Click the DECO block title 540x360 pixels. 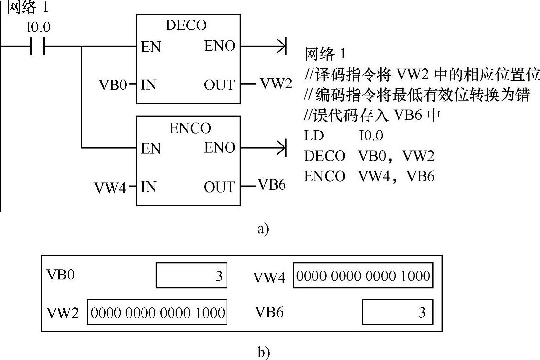coord(186,26)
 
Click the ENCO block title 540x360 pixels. coord(190,128)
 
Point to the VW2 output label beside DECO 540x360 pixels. coord(276,84)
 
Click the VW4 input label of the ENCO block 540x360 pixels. coord(111,188)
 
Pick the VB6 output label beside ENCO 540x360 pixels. coord(272,186)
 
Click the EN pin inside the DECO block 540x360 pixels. coord(150,47)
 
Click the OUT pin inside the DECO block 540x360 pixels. coord(219,85)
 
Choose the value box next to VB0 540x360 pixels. coord(191,276)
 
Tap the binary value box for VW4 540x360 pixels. coord(363,276)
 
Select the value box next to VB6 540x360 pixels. coord(398,311)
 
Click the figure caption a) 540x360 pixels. coord(263,229)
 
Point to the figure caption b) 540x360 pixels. coord(263,352)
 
